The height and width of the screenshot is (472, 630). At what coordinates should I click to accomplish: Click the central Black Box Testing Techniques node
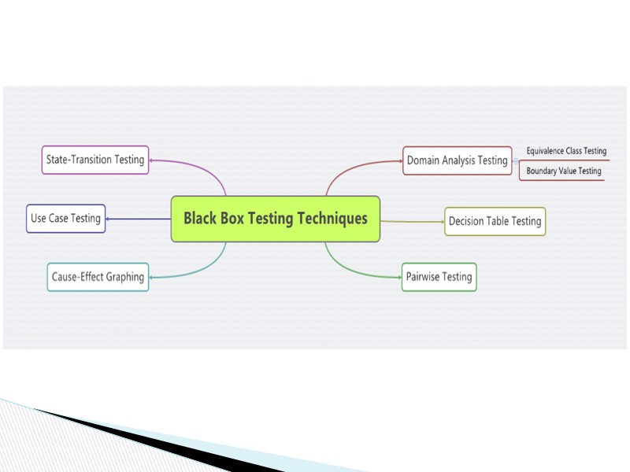[x=276, y=219]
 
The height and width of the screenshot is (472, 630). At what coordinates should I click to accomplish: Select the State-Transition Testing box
[x=95, y=160]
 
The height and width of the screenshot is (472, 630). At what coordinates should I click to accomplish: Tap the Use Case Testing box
[x=66, y=219]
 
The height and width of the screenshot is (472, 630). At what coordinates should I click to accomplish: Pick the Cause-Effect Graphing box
[x=98, y=277]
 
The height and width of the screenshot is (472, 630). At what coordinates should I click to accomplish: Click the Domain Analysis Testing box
[x=457, y=160]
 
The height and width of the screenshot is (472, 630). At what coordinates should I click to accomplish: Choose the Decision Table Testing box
[x=495, y=222]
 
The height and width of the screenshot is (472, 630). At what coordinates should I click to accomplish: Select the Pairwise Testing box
[x=439, y=277]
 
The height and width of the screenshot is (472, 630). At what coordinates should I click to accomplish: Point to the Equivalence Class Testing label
[x=566, y=151]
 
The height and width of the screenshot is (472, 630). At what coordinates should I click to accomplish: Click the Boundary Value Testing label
[x=563, y=171]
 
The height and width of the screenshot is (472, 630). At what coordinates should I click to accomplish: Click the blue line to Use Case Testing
[x=139, y=219]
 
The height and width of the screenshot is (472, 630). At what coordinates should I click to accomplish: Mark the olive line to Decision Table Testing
[x=413, y=222]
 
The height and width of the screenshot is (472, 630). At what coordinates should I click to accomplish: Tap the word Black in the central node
[x=200, y=219]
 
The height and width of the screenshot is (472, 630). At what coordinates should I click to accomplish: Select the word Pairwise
[x=422, y=277]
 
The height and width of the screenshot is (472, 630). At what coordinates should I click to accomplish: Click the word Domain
[x=423, y=160]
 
